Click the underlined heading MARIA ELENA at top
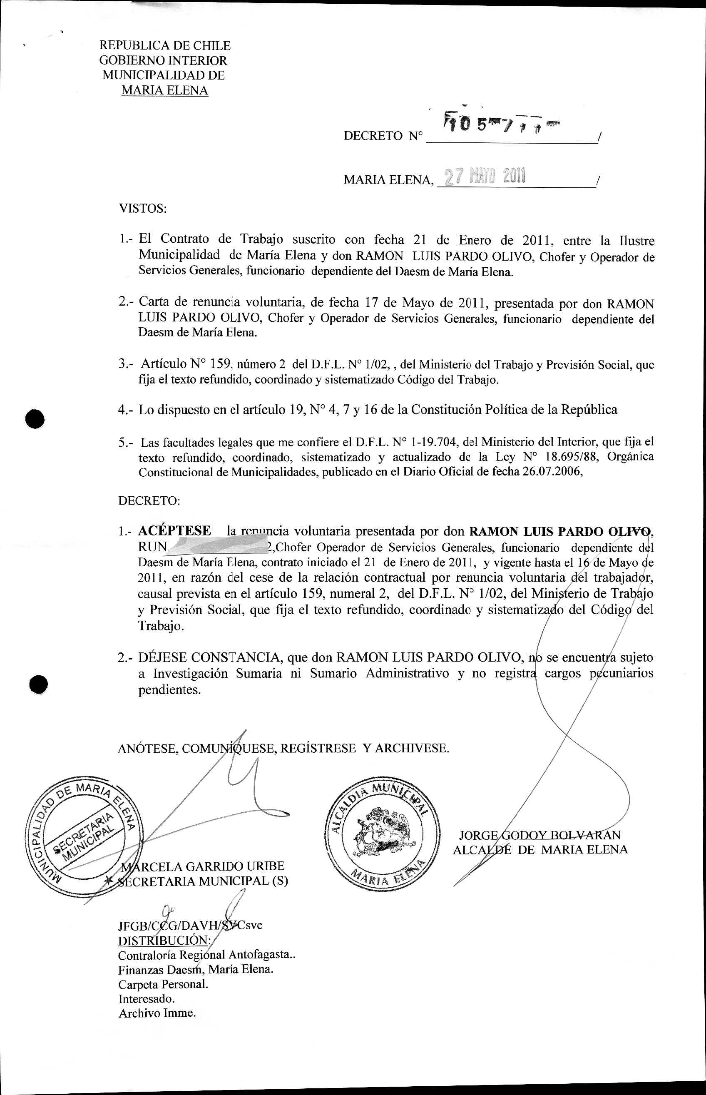click(x=164, y=91)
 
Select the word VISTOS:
click(x=143, y=209)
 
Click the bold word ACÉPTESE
click(x=175, y=531)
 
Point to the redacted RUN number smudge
click(x=218, y=547)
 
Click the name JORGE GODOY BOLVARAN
click(x=539, y=835)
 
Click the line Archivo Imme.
click(x=157, y=1013)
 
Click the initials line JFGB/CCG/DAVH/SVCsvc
click(x=190, y=926)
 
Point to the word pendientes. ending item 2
click(x=169, y=690)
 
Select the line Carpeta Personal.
click(x=163, y=985)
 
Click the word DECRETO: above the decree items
click(x=149, y=501)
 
